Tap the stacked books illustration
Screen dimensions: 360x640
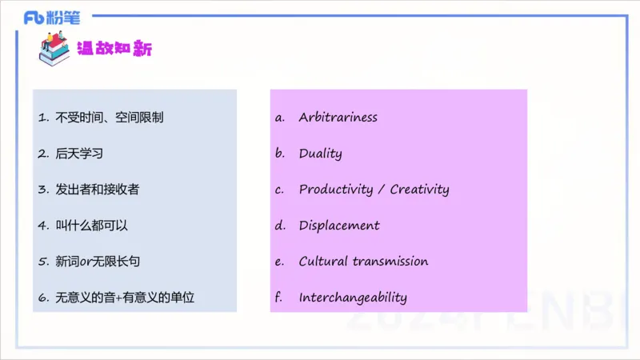click(x=54, y=47)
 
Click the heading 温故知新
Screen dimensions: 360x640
click(x=114, y=49)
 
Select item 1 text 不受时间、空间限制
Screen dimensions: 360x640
click(x=110, y=117)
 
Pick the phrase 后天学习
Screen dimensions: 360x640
click(x=79, y=153)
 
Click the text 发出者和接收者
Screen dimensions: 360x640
click(x=98, y=190)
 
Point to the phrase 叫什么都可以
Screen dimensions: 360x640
click(x=91, y=226)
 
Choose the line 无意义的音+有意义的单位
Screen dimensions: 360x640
click(x=125, y=298)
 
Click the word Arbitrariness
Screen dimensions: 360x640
click(x=338, y=117)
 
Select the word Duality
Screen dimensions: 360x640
click(x=320, y=153)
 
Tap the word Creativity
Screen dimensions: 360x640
click(x=419, y=190)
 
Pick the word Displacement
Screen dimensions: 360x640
click(x=339, y=226)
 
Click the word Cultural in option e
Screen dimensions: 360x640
click(x=323, y=262)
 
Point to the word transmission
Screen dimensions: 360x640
click(x=390, y=262)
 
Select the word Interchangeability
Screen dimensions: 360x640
click(x=353, y=298)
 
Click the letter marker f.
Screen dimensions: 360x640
click(x=278, y=298)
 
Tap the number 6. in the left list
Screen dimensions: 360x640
click(x=43, y=298)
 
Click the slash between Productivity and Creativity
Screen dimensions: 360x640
click(x=382, y=190)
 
